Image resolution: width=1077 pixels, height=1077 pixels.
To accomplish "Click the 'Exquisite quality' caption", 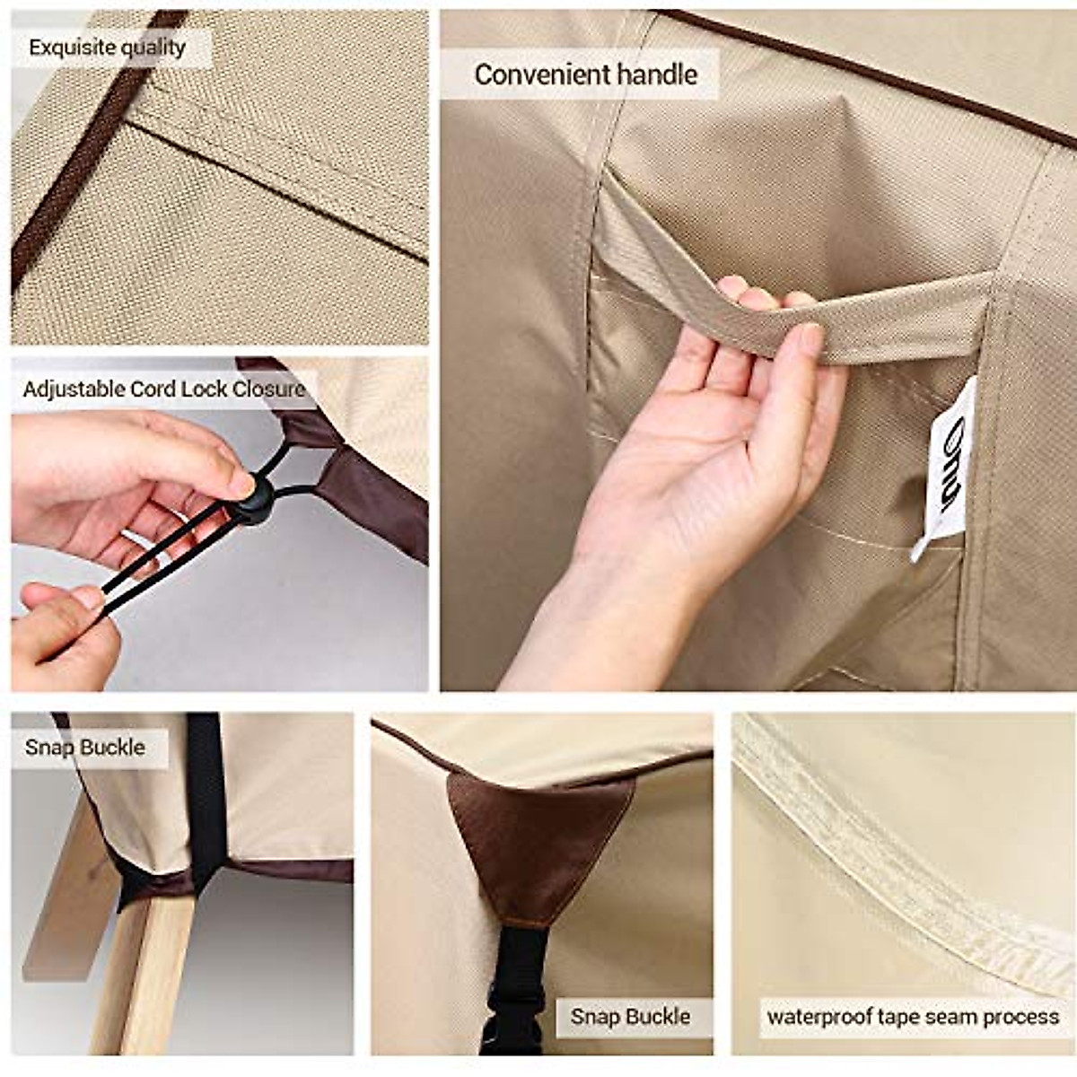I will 108,48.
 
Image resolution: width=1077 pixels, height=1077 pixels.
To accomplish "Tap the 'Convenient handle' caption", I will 585,74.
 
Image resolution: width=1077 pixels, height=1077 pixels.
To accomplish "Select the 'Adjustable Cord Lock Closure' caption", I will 164,390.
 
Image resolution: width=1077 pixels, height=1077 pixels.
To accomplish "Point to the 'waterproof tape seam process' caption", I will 913,1017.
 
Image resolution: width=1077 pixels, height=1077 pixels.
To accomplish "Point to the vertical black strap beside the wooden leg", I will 205,790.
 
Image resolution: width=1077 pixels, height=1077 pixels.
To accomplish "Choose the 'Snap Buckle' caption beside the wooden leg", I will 85,748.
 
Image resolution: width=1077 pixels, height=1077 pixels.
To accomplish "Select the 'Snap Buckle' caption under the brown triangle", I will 630,1017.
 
